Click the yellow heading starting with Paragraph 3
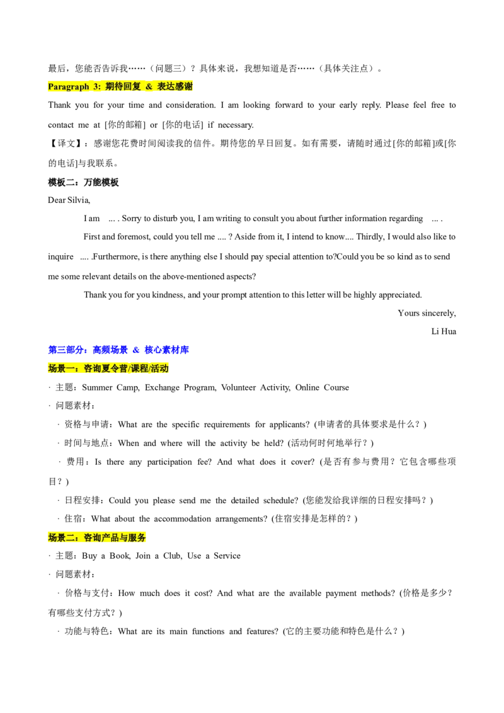coord(120,86)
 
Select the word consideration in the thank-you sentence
coord(191,105)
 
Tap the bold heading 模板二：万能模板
coord(83,182)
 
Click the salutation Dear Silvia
coord(69,200)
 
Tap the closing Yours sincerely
coord(427,313)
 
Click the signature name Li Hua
coord(444,331)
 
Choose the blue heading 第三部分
coord(118,350)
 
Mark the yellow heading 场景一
coord(108,368)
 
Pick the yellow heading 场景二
coord(97,537)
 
